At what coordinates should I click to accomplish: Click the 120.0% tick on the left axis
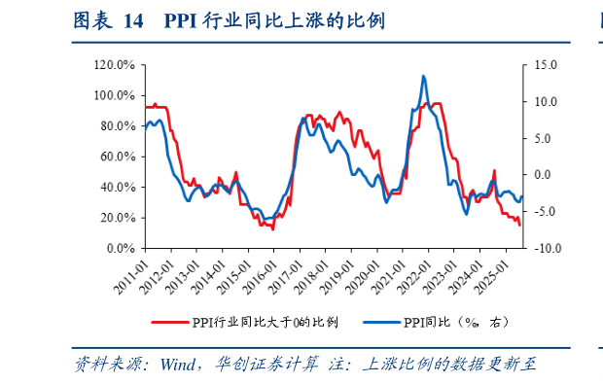pos(115,65)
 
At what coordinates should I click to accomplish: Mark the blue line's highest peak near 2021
pos(424,76)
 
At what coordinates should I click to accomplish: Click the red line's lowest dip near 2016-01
pos(273,228)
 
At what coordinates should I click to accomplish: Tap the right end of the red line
pos(519,226)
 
